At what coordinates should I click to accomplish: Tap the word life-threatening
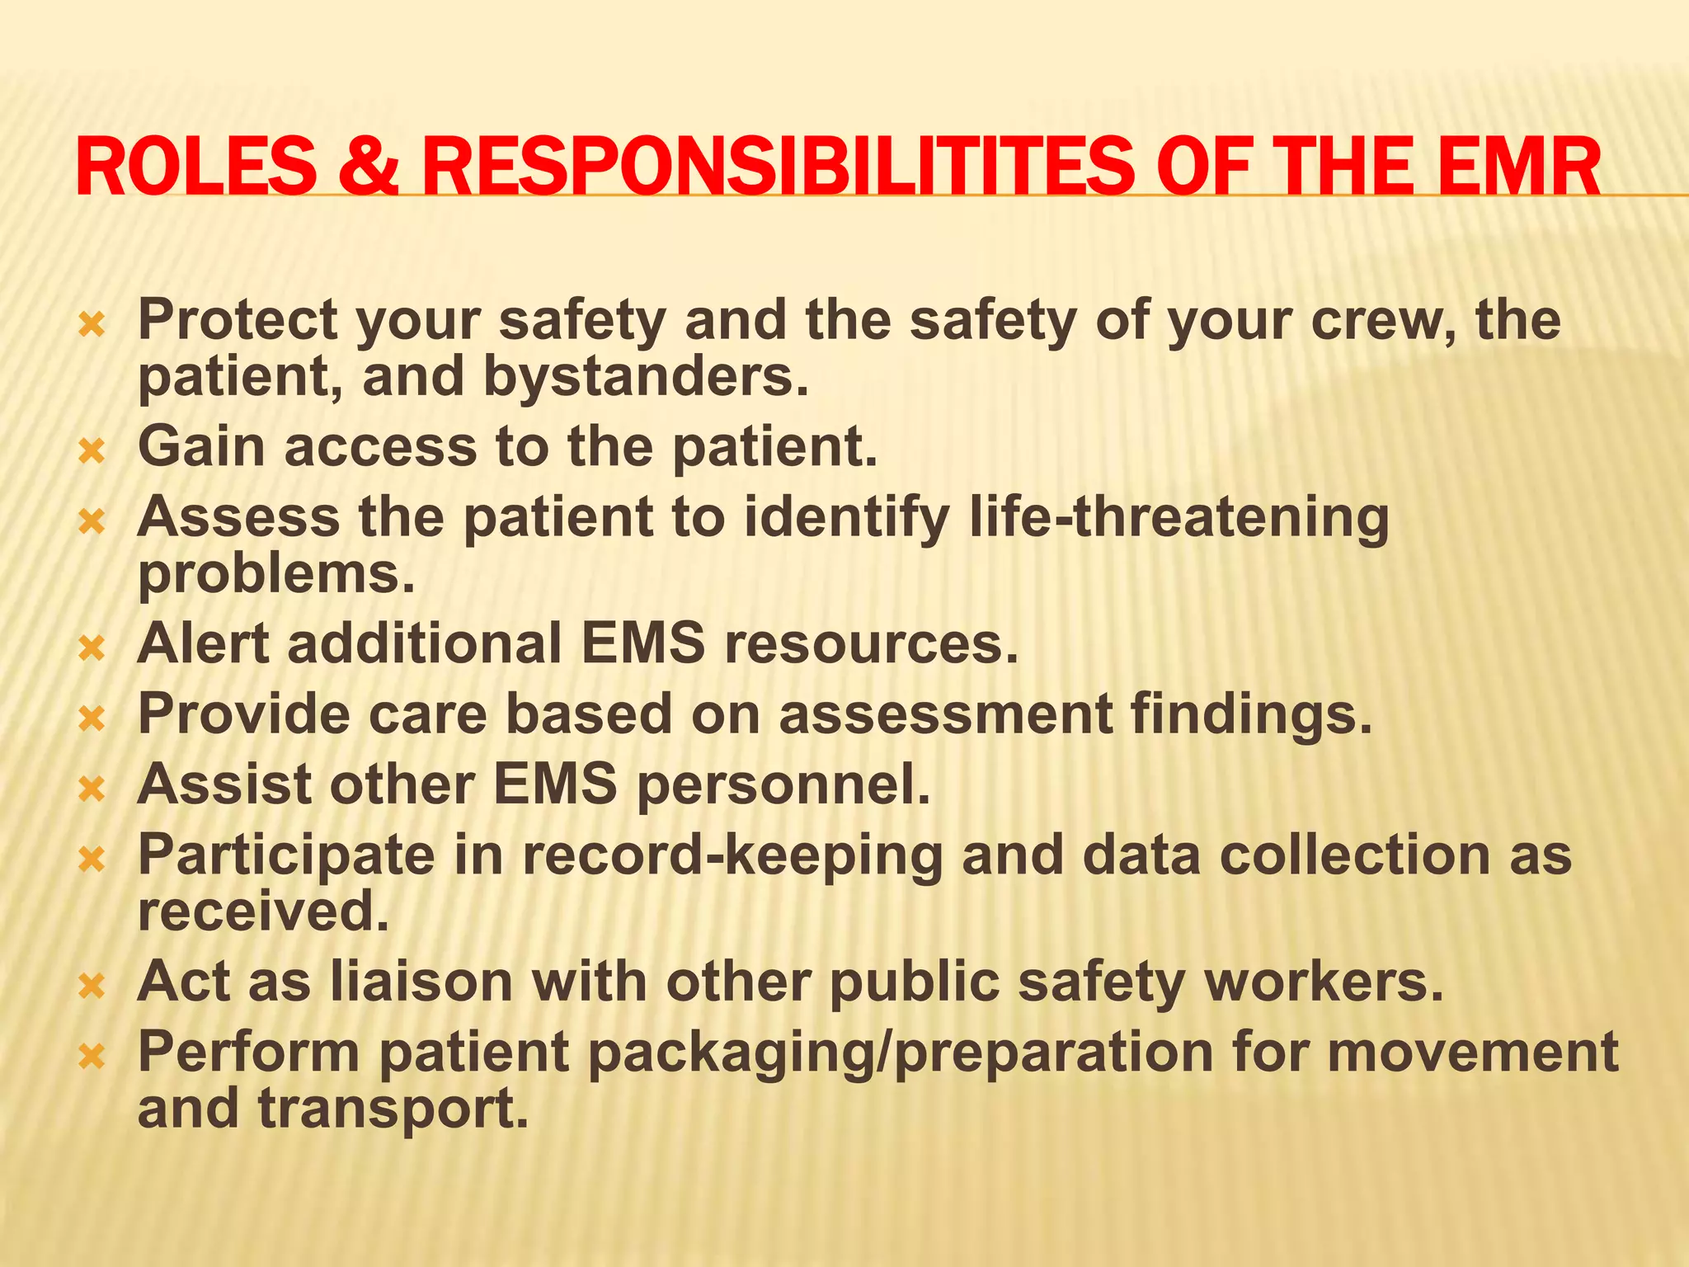point(1179,518)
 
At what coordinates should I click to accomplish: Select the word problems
point(275,574)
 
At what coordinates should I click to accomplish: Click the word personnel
point(783,784)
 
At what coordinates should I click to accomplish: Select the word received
point(262,911)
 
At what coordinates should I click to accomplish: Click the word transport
point(393,1109)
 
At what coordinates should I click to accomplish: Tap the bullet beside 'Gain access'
point(92,450)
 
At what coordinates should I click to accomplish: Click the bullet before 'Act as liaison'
point(92,985)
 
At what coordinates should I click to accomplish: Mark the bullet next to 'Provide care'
point(92,718)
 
